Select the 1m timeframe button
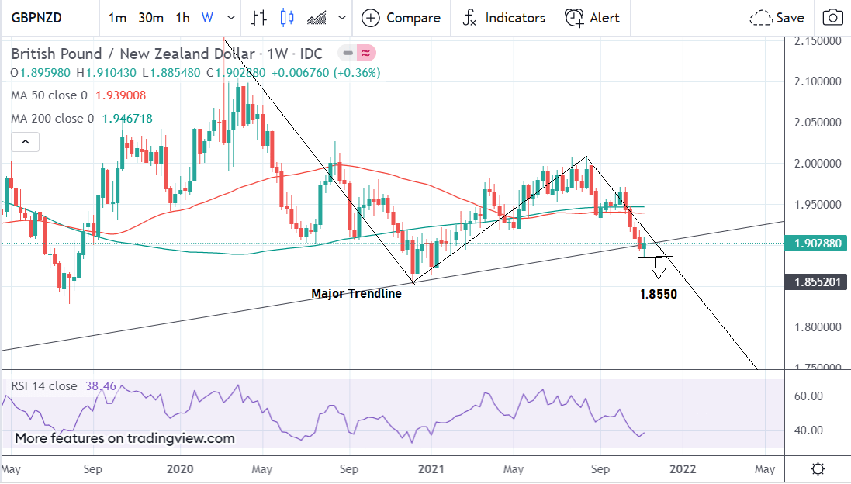[x=117, y=18]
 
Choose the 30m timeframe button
[x=150, y=18]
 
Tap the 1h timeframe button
[x=182, y=18]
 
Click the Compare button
[x=401, y=18]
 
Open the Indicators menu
[x=503, y=18]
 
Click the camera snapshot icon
[x=832, y=18]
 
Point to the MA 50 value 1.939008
[x=120, y=95]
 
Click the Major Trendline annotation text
[x=356, y=294]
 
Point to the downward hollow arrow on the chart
[x=659, y=268]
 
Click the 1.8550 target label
[x=659, y=295]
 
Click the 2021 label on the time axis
[x=430, y=469]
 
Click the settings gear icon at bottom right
[x=817, y=469]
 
